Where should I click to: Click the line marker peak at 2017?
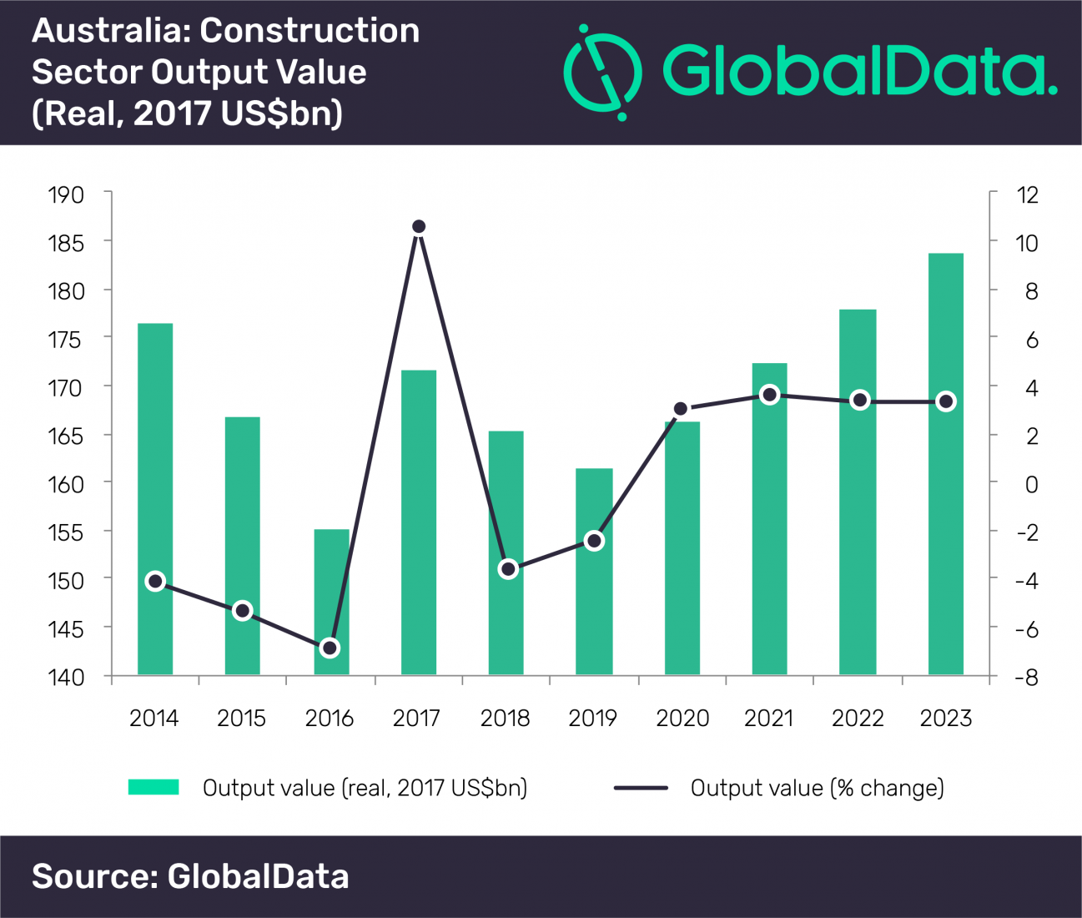(x=419, y=227)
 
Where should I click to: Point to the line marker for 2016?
(x=330, y=648)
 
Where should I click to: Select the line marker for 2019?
(x=594, y=541)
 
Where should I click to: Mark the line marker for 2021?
(x=770, y=395)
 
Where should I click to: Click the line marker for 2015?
(x=243, y=611)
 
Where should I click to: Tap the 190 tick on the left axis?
(x=66, y=195)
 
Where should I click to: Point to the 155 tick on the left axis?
(x=66, y=532)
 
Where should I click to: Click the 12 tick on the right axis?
(x=1027, y=195)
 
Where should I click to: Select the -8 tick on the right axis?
(x=1027, y=678)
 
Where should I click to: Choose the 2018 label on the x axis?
(x=505, y=719)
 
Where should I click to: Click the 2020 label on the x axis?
(x=682, y=719)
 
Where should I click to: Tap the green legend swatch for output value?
(x=153, y=787)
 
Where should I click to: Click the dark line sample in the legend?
(x=641, y=788)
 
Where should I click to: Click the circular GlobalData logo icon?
(x=602, y=72)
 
